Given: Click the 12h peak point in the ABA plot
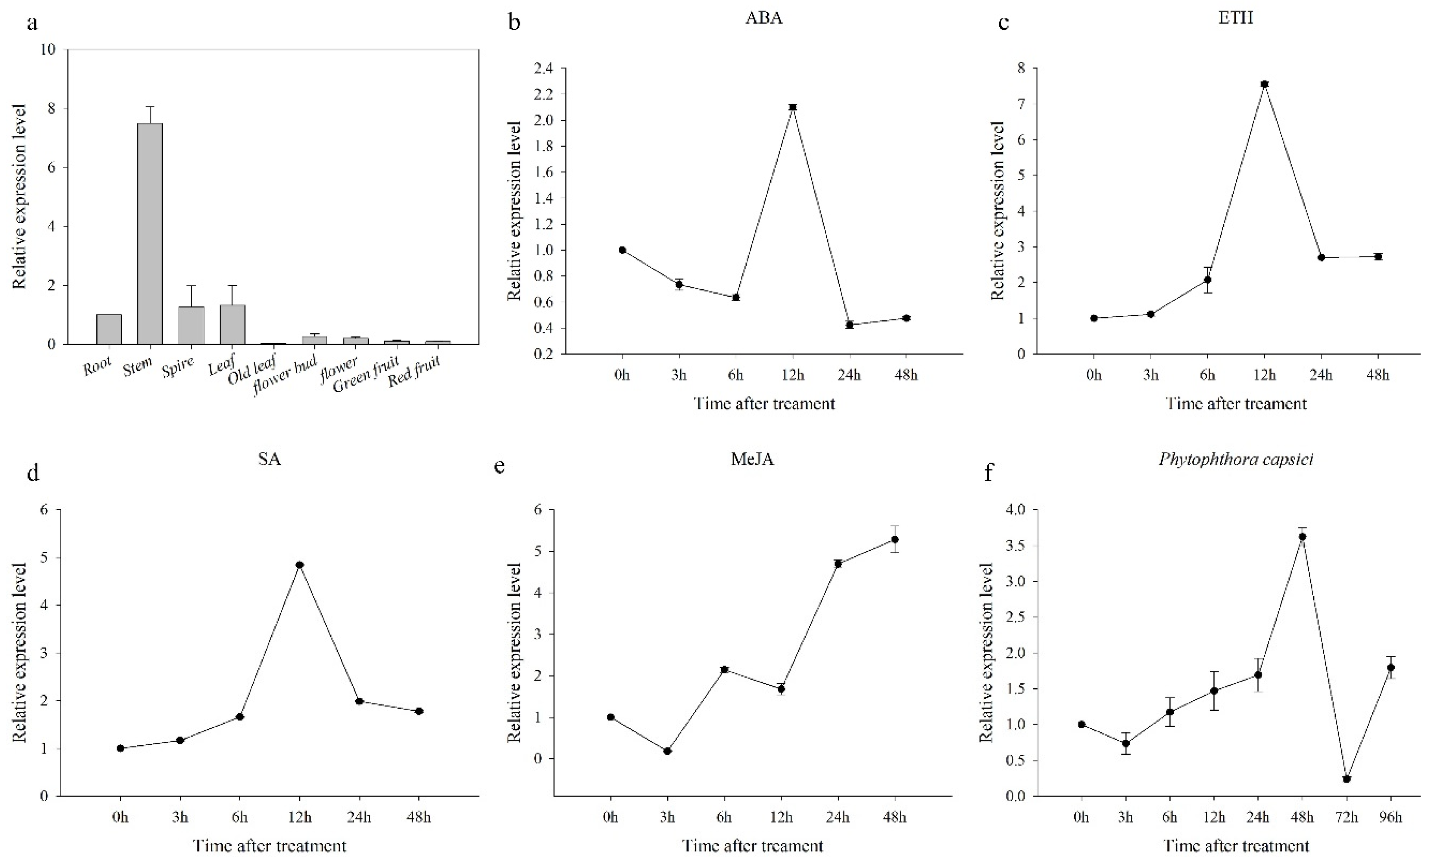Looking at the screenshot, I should click(793, 107).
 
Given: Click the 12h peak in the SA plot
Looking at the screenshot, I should click(300, 564).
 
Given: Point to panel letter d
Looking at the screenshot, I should click(33, 473).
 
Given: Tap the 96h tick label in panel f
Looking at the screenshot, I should click(1390, 817).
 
